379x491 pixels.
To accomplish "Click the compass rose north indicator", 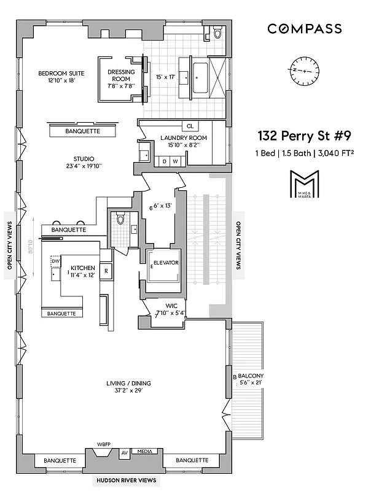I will click(303, 70).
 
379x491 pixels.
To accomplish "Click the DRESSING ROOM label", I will click(120, 75).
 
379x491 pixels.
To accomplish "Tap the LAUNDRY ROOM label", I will click(183, 138).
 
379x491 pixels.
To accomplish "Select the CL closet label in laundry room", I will click(190, 126).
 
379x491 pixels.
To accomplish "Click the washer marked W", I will click(176, 161).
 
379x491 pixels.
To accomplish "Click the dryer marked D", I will click(164, 161).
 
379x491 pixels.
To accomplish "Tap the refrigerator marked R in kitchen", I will click(106, 271).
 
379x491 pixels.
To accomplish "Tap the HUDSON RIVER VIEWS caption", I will click(125, 480).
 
